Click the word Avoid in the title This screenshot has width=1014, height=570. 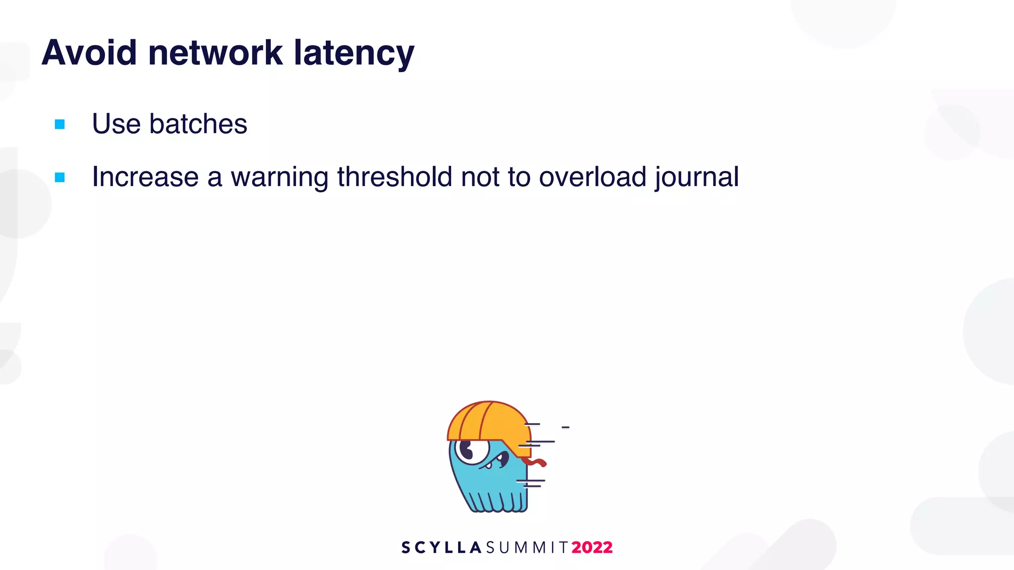[x=89, y=52]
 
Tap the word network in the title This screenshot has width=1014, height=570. [x=215, y=52]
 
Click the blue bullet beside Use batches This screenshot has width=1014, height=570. [x=60, y=124]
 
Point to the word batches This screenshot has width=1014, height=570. [x=198, y=124]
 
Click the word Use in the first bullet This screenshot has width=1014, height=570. [x=116, y=124]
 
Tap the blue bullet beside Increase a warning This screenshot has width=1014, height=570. [x=60, y=177]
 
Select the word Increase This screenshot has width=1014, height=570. [x=145, y=177]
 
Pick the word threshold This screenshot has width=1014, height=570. [x=395, y=177]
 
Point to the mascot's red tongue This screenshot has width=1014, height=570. [x=535, y=462]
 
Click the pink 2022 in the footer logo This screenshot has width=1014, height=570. [x=592, y=547]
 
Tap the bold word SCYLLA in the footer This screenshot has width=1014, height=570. [x=441, y=547]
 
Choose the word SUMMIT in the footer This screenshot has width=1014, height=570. [x=527, y=547]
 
